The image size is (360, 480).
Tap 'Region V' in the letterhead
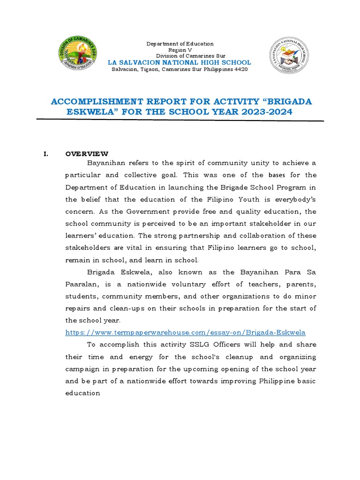[x=180, y=50]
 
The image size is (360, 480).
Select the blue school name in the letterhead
[x=180, y=62]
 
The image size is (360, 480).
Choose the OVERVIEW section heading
[x=87, y=153]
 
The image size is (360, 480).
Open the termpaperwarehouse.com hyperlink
[x=185, y=332]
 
